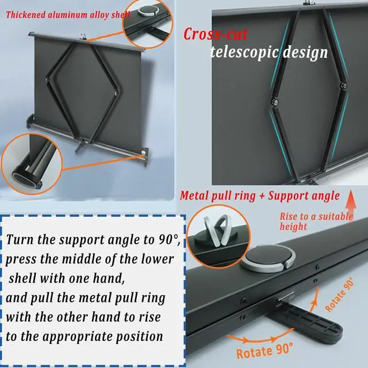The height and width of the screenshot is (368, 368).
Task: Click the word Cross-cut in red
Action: pyautogui.click(x=215, y=34)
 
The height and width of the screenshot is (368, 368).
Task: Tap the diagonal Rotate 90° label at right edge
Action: pyautogui.click(x=340, y=294)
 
